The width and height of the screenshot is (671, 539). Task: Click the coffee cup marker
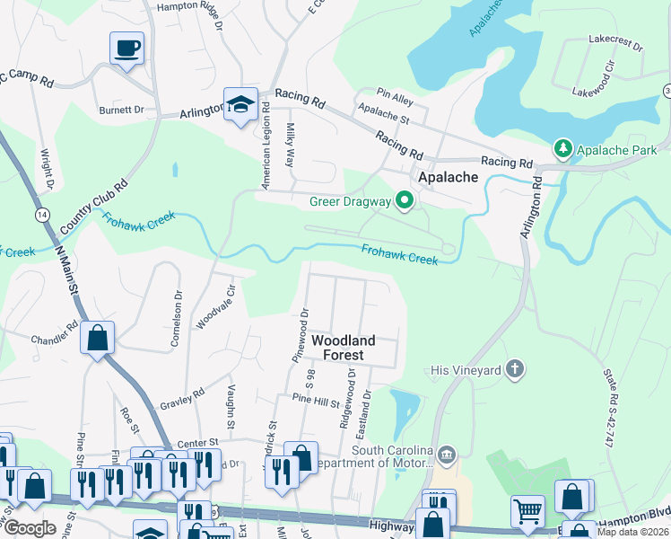[x=126, y=48]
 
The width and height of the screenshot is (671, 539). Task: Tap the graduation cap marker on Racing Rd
[x=240, y=103]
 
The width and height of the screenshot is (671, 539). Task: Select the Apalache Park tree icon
[x=562, y=146]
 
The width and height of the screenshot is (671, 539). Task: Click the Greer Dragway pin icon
[x=404, y=201]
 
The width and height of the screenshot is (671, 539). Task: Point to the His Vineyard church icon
[x=514, y=368]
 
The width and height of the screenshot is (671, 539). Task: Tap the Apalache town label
[x=445, y=177]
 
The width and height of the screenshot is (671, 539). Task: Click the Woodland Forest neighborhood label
[x=343, y=348]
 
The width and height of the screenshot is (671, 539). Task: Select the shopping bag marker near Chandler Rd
[x=98, y=339]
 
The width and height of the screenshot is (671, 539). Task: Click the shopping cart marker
[x=527, y=512]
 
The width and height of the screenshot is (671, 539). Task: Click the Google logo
[x=30, y=528]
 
